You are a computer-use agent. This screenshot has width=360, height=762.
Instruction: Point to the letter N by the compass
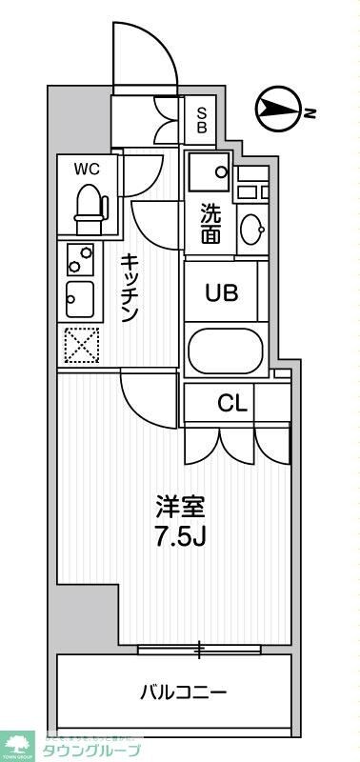pyautogui.click(x=310, y=113)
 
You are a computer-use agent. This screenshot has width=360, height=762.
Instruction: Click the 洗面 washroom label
pyautogui.click(x=210, y=224)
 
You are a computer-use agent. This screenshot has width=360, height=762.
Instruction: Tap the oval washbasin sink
pyautogui.click(x=253, y=230)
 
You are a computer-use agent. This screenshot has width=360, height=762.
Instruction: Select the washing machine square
pyautogui.click(x=209, y=170)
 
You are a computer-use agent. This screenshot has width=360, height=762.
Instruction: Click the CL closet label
pyautogui.click(x=232, y=403)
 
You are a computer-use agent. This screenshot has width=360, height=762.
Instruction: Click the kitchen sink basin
pyautogui.click(x=79, y=300)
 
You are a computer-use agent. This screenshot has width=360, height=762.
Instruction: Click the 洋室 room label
pyautogui.click(x=181, y=508)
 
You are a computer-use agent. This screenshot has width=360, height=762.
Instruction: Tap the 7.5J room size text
pyautogui.click(x=181, y=535)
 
